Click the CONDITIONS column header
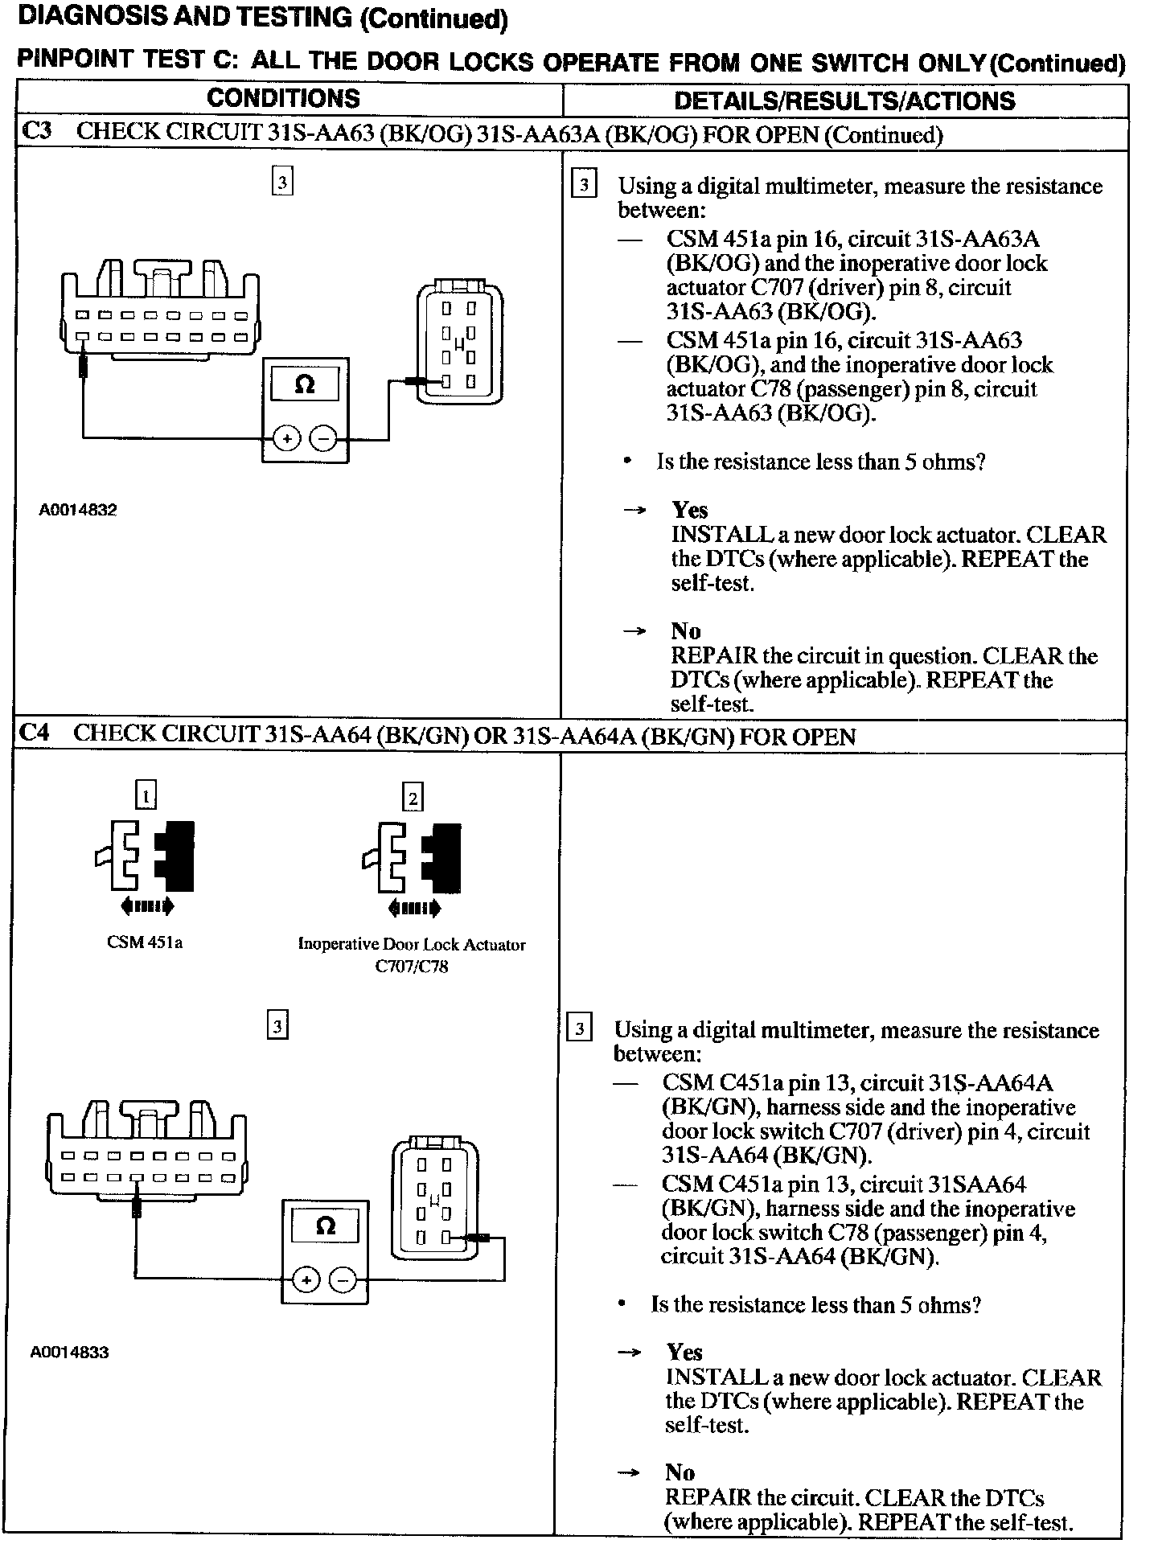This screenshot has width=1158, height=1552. point(283,98)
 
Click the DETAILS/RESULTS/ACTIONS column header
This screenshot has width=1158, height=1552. point(844,101)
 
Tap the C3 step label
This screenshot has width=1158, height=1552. point(36,132)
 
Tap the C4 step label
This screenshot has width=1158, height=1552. point(35,733)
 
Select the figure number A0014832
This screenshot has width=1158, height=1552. point(77,510)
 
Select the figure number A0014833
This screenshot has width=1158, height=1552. point(69,1352)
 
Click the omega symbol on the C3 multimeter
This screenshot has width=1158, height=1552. point(305,384)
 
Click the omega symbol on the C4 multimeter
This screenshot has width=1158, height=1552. point(325,1226)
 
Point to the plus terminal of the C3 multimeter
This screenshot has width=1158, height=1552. point(286,438)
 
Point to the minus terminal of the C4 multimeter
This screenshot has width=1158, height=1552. point(343,1279)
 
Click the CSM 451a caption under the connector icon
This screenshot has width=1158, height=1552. point(145,942)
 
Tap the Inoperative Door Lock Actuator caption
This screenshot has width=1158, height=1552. point(411,945)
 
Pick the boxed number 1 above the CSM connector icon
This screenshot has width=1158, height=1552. point(146,796)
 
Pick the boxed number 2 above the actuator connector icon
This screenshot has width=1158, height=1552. point(413,798)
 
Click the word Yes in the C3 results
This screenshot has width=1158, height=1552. point(690,510)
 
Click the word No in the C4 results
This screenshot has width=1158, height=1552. point(680,1472)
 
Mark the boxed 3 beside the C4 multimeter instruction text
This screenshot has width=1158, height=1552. point(579,1029)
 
